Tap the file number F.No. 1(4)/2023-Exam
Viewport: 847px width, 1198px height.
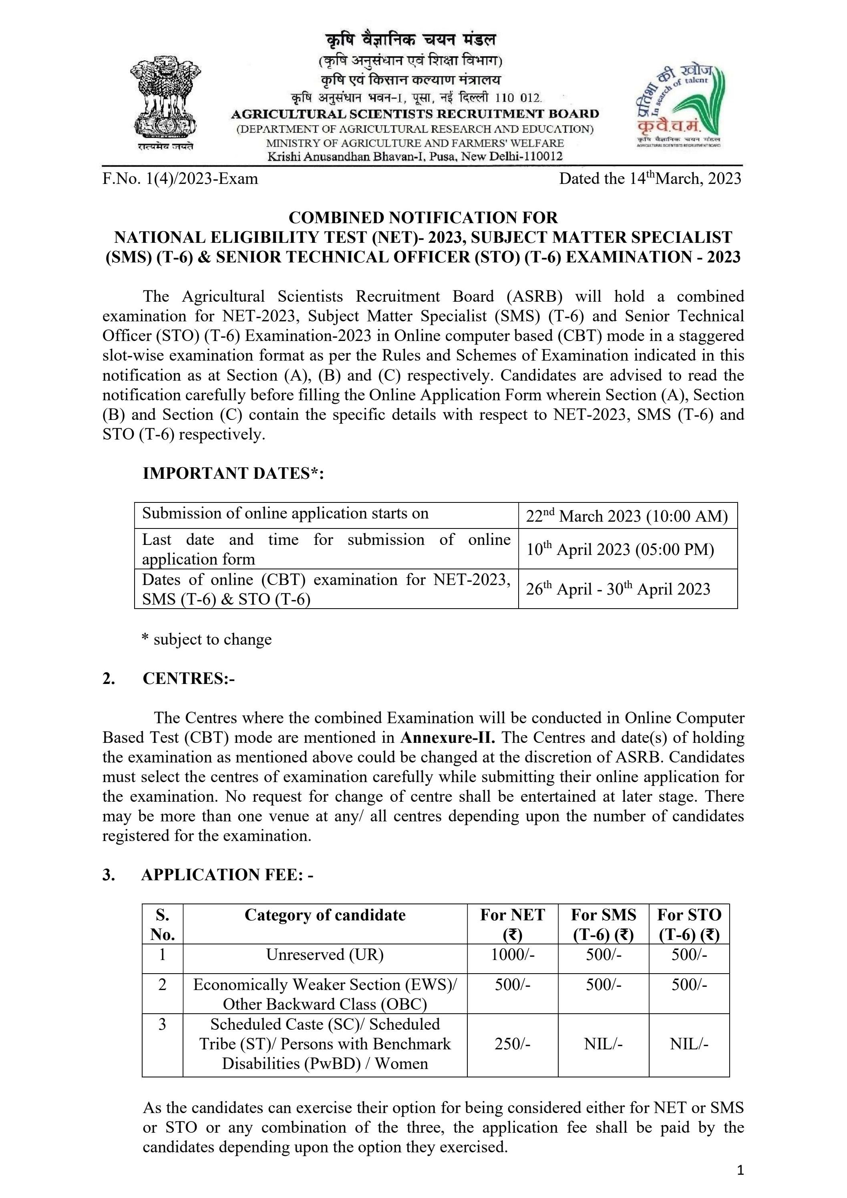[180, 179]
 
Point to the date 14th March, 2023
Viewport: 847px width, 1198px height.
[650, 179]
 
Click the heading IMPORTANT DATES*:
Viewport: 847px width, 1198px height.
[233, 473]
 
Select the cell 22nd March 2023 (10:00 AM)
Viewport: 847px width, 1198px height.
[626, 516]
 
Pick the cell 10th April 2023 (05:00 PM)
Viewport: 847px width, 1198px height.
[620, 549]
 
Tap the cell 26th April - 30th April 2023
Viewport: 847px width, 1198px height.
[618, 589]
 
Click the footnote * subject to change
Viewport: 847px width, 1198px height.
[207, 639]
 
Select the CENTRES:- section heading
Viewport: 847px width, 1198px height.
[188, 678]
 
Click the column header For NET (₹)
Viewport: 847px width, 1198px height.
[512, 924]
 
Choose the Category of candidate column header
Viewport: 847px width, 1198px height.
[325, 915]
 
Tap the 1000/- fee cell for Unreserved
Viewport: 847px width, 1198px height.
[512, 955]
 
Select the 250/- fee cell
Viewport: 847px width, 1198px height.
[512, 1044]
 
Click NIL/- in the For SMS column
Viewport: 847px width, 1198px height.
[603, 1044]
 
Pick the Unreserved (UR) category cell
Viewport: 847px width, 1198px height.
[325, 955]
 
